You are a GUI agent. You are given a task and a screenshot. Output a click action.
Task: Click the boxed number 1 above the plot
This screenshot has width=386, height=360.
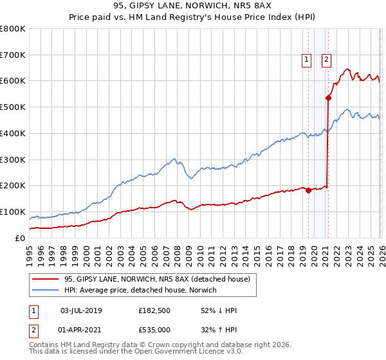click(x=306, y=60)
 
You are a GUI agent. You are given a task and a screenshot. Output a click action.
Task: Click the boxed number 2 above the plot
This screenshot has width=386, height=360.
click(x=326, y=60)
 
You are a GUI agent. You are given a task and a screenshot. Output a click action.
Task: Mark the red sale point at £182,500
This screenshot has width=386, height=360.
click(x=308, y=190)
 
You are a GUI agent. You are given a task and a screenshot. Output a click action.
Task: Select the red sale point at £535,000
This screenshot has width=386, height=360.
click(x=328, y=98)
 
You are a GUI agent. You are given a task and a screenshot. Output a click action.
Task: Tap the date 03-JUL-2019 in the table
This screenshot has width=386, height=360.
click(x=81, y=310)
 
